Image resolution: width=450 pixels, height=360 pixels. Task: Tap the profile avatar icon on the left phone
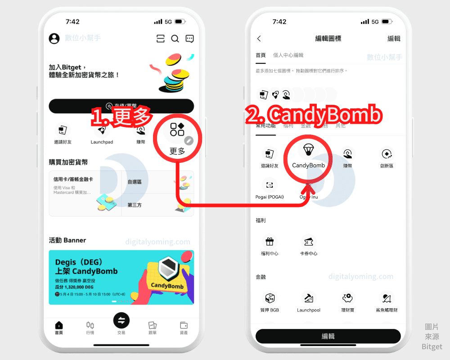[x=54, y=39]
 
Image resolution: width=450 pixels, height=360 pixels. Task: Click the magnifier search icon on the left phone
[x=175, y=39]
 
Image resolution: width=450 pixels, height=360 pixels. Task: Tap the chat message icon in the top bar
[x=189, y=39]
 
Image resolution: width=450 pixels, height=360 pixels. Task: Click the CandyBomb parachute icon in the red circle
[x=308, y=150]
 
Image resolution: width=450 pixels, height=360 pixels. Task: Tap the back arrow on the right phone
[x=259, y=39]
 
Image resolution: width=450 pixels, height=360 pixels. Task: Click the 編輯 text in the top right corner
[x=394, y=39]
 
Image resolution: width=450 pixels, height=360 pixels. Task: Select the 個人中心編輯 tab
[x=288, y=55]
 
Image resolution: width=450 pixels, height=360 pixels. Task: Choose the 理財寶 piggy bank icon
[x=347, y=298]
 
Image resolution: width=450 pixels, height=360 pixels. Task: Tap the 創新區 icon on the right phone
[x=386, y=154]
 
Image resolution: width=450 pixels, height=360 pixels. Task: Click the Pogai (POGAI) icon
[x=270, y=185]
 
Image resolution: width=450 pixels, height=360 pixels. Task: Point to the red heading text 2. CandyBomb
[x=314, y=116]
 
